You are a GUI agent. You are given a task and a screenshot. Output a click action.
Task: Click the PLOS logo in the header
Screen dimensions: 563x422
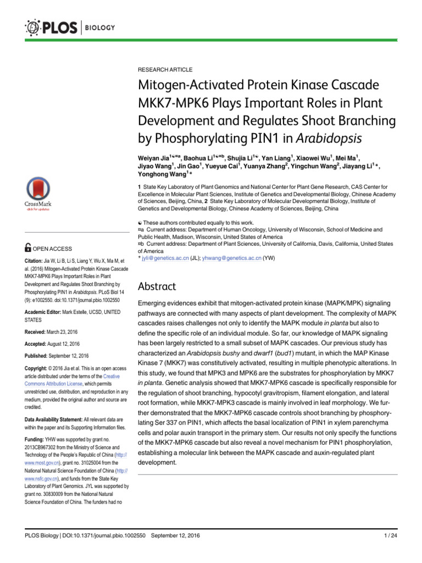click(x=53, y=27)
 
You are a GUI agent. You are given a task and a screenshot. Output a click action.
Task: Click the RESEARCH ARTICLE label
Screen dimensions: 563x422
click(x=165, y=70)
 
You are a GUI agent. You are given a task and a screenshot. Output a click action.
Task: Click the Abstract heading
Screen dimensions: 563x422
click(x=157, y=286)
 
